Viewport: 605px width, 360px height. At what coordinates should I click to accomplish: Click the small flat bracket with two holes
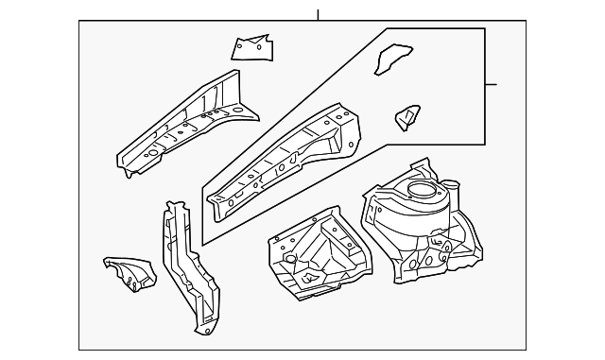click(251, 46)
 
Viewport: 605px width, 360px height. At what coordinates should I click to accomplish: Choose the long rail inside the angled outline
click(284, 161)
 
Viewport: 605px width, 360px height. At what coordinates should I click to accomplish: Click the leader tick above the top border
click(319, 14)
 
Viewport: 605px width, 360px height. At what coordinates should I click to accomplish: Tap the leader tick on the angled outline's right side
click(492, 84)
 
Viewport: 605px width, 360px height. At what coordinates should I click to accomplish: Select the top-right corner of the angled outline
click(485, 29)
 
